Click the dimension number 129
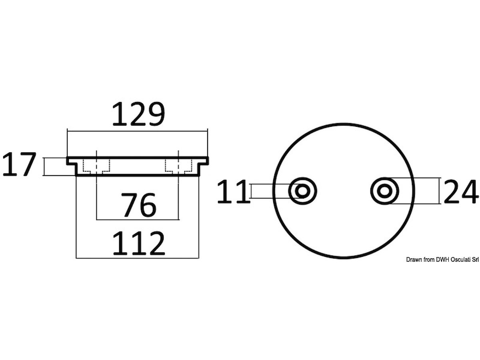point(138,114)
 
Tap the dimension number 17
point(19,164)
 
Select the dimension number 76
point(139,205)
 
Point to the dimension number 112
point(139,243)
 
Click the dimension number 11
point(233,192)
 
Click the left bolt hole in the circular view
point(302,191)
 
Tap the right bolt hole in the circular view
point(384,191)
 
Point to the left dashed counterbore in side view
point(96,167)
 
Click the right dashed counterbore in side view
point(179,167)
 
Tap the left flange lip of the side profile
point(72,161)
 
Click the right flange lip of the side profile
point(204,161)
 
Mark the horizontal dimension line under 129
point(137,131)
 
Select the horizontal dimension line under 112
point(137,258)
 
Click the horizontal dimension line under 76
point(138,220)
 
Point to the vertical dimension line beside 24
point(439,191)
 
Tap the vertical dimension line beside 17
point(44,166)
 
